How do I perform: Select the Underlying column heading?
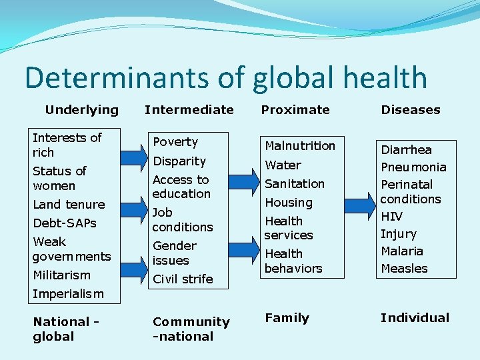[x=81, y=109]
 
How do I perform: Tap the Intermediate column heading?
[x=189, y=109]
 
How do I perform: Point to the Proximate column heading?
[x=295, y=109]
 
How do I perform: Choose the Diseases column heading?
[x=411, y=109]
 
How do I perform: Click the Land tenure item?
[x=69, y=205]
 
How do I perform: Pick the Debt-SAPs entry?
[x=65, y=223]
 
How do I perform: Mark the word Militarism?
[x=61, y=275]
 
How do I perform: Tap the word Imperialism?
[x=68, y=293]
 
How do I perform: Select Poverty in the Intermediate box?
[x=175, y=142]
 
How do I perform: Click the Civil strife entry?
[x=183, y=279]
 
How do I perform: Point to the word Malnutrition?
[x=300, y=145]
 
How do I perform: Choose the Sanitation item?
[x=295, y=183]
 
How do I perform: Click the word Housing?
[x=288, y=202]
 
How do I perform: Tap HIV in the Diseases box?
[x=391, y=217]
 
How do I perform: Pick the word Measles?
[x=404, y=268]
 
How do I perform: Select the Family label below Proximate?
[x=287, y=318]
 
